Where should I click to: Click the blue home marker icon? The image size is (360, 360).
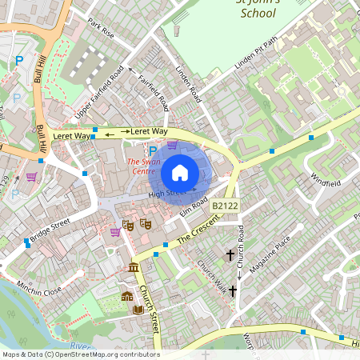179,173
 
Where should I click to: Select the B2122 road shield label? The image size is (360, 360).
225,206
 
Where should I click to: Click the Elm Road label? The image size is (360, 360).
194,206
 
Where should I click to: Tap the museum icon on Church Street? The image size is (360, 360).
133,267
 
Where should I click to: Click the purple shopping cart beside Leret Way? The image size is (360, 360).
173,146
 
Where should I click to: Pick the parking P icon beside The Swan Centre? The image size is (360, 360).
153,150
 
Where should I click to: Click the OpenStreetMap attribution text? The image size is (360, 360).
80,354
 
